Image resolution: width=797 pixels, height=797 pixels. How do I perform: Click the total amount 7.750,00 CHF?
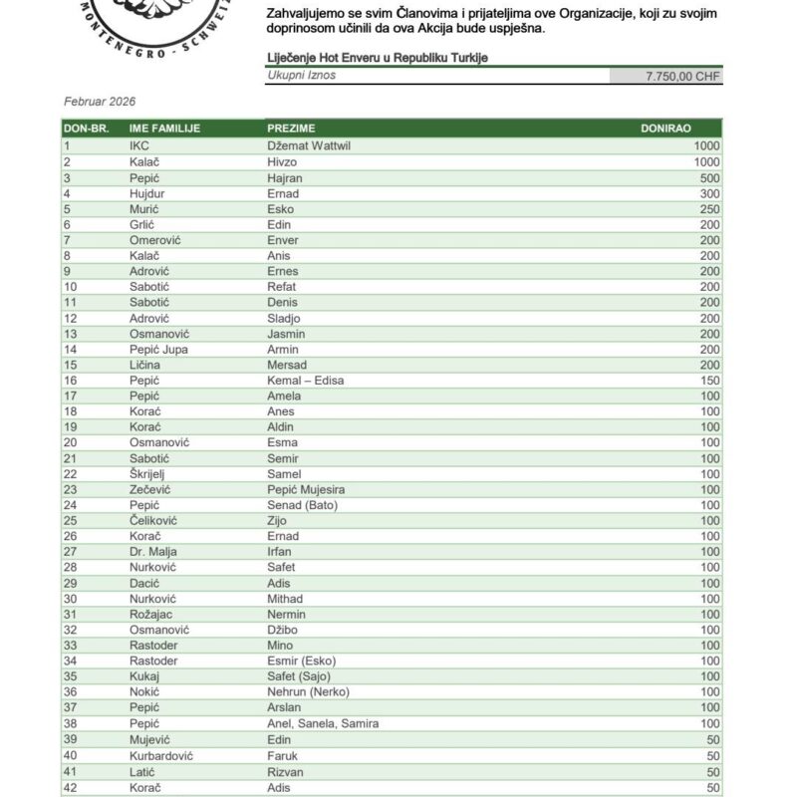coord(683,76)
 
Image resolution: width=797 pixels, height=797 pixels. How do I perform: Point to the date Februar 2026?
coord(100,102)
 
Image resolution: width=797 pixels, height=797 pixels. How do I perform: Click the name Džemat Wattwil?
coord(310,145)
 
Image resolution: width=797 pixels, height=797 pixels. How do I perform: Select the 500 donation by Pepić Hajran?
coord(706,177)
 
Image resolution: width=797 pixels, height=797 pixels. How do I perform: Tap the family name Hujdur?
coord(147,193)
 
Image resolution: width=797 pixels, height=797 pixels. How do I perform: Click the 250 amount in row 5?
coord(706,209)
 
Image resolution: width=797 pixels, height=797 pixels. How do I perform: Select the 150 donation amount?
coord(706,381)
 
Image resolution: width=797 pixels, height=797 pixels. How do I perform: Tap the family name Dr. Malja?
coord(153,552)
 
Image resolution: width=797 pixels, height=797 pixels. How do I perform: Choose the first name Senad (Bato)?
coord(303,505)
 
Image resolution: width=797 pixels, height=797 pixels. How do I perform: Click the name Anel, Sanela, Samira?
coord(323,723)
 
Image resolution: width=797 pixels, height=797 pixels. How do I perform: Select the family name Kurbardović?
coord(162,754)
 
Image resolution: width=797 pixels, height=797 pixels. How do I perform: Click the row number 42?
coord(70,786)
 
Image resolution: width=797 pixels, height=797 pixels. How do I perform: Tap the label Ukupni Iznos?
coord(302,76)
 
